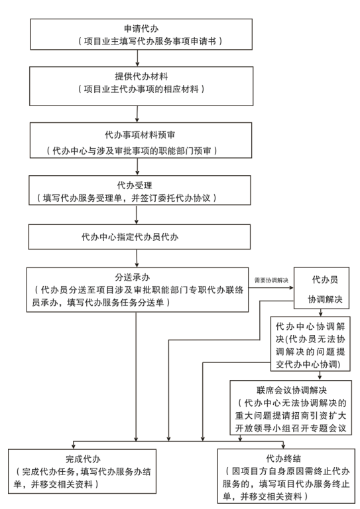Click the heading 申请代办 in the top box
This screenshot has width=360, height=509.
coord(141,29)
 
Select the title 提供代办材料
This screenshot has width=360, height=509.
coord(141,76)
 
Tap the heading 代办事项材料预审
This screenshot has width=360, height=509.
coord(140,135)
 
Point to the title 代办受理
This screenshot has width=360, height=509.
coord(135,185)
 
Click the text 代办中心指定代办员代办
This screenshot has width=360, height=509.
coord(130,237)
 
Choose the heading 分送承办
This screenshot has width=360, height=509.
coord(133,277)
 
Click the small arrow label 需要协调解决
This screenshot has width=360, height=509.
coord(271,280)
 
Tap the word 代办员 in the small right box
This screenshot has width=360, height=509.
coord(325,279)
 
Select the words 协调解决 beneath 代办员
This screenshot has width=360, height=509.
coord(325,299)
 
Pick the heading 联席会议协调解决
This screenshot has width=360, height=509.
coord(291,390)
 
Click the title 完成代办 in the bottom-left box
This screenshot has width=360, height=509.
coord(83,459)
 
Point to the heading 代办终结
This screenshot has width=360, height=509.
coord(284,459)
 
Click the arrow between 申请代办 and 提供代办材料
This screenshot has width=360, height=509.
coord(137,58)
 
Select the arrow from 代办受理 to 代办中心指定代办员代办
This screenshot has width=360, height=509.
coord(136,214)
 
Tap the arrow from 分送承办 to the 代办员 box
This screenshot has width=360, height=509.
coord(271,287)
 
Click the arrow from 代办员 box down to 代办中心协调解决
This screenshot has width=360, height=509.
coord(320,313)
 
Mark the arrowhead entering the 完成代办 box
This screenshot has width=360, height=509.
coord(74,447)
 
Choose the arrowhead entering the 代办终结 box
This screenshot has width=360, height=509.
coord(283,447)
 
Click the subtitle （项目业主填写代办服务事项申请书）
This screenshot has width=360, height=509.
coord(150,41)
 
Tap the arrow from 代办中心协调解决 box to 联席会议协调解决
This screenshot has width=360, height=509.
coord(320,376)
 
